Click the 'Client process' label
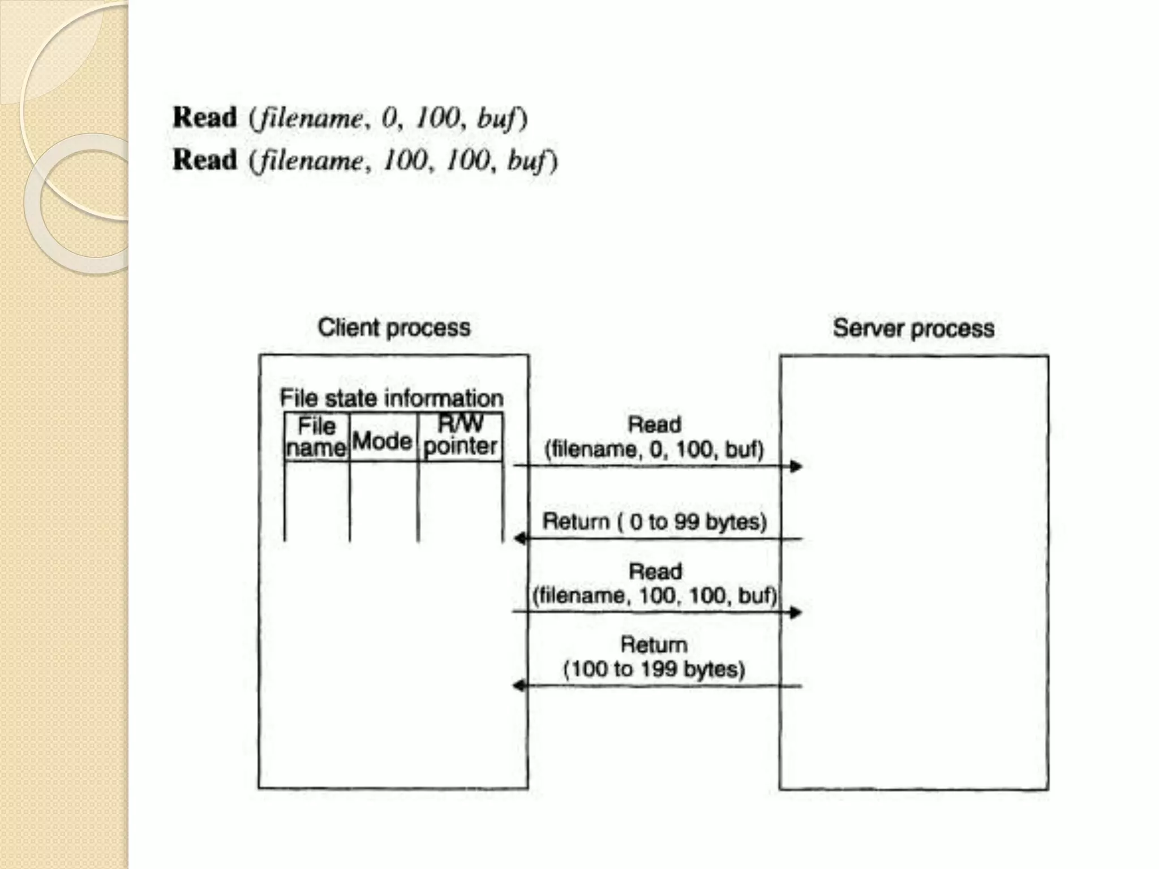pos(394,328)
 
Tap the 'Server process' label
pos(913,329)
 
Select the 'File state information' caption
pos(391,398)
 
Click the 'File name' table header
pos(316,437)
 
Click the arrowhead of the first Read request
pos(796,466)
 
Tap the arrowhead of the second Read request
pos(796,612)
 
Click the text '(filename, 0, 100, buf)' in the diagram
pos(654,450)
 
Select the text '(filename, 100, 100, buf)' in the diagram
pos(655,596)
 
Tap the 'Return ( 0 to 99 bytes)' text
pos(654,522)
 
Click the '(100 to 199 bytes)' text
pos(654,669)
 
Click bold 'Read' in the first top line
pos(205,118)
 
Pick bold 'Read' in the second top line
pos(205,160)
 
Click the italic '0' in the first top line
pos(389,118)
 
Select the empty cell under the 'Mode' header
pos(383,501)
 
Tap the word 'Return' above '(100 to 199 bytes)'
pos(654,645)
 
